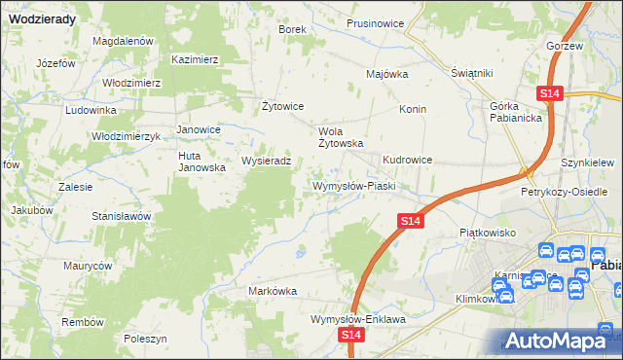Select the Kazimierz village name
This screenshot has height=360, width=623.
195,59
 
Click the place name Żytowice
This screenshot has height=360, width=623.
284,106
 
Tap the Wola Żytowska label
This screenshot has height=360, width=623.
342,136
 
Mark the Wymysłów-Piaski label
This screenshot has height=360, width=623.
351,185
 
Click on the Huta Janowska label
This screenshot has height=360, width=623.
202,161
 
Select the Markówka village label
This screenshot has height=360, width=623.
273,291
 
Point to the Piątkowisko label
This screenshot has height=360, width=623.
487,234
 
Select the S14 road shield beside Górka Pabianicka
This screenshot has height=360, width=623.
549,93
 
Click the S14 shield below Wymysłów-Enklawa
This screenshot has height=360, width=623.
352,335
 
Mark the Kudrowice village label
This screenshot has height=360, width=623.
408,160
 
